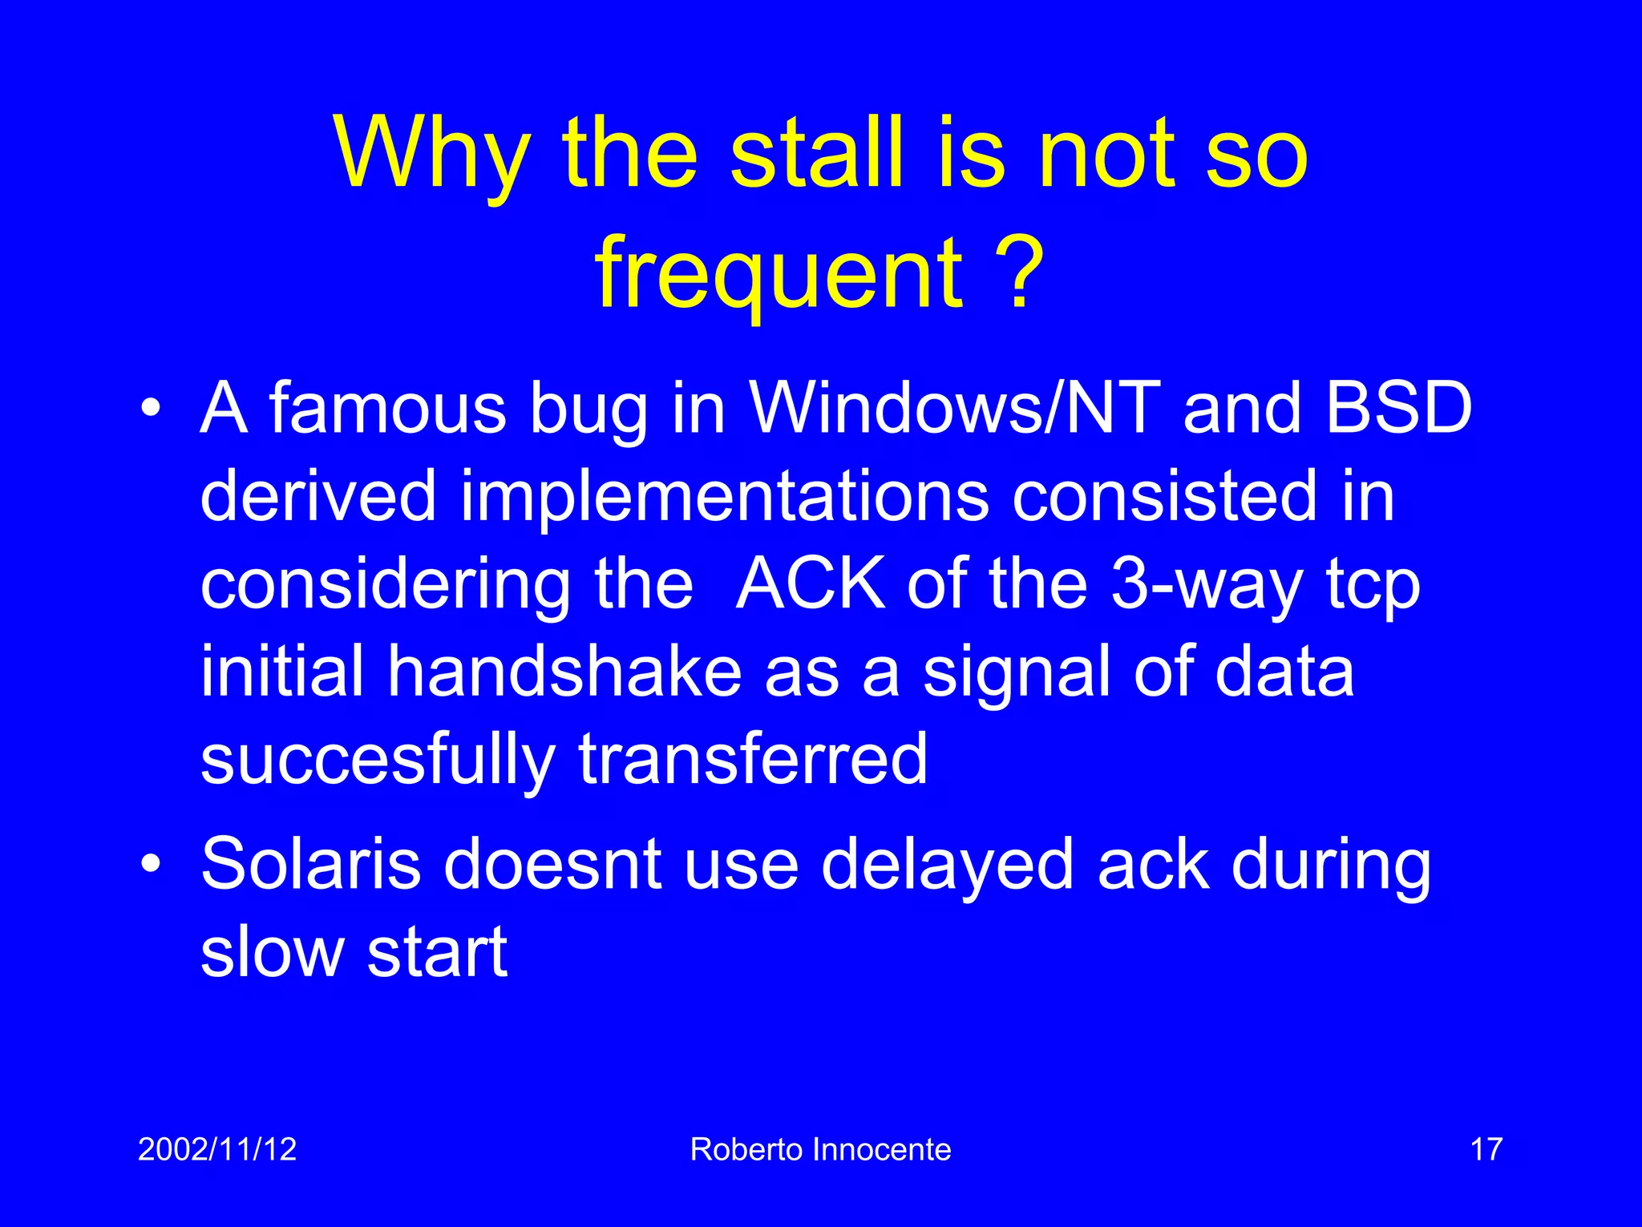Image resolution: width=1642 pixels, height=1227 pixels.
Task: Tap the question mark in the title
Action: click(1019, 272)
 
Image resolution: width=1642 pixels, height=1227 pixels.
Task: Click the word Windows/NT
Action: click(955, 409)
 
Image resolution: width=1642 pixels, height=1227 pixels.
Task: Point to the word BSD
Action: click(1398, 409)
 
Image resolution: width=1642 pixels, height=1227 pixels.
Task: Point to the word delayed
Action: click(947, 866)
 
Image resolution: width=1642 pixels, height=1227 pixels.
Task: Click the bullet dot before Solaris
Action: click(150, 866)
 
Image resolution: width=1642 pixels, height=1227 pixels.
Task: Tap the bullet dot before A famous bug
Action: click(150, 410)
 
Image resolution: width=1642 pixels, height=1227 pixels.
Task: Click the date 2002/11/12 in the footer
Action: click(217, 1149)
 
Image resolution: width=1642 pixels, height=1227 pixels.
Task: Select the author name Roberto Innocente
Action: click(820, 1149)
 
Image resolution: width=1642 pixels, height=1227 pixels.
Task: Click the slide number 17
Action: click(1486, 1149)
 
